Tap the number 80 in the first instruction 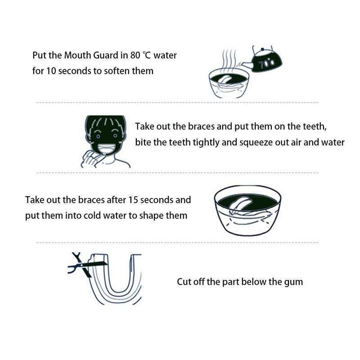135,55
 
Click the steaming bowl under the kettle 229,83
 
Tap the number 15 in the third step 133,200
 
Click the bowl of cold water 247,211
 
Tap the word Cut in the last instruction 184,282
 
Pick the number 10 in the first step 51,71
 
